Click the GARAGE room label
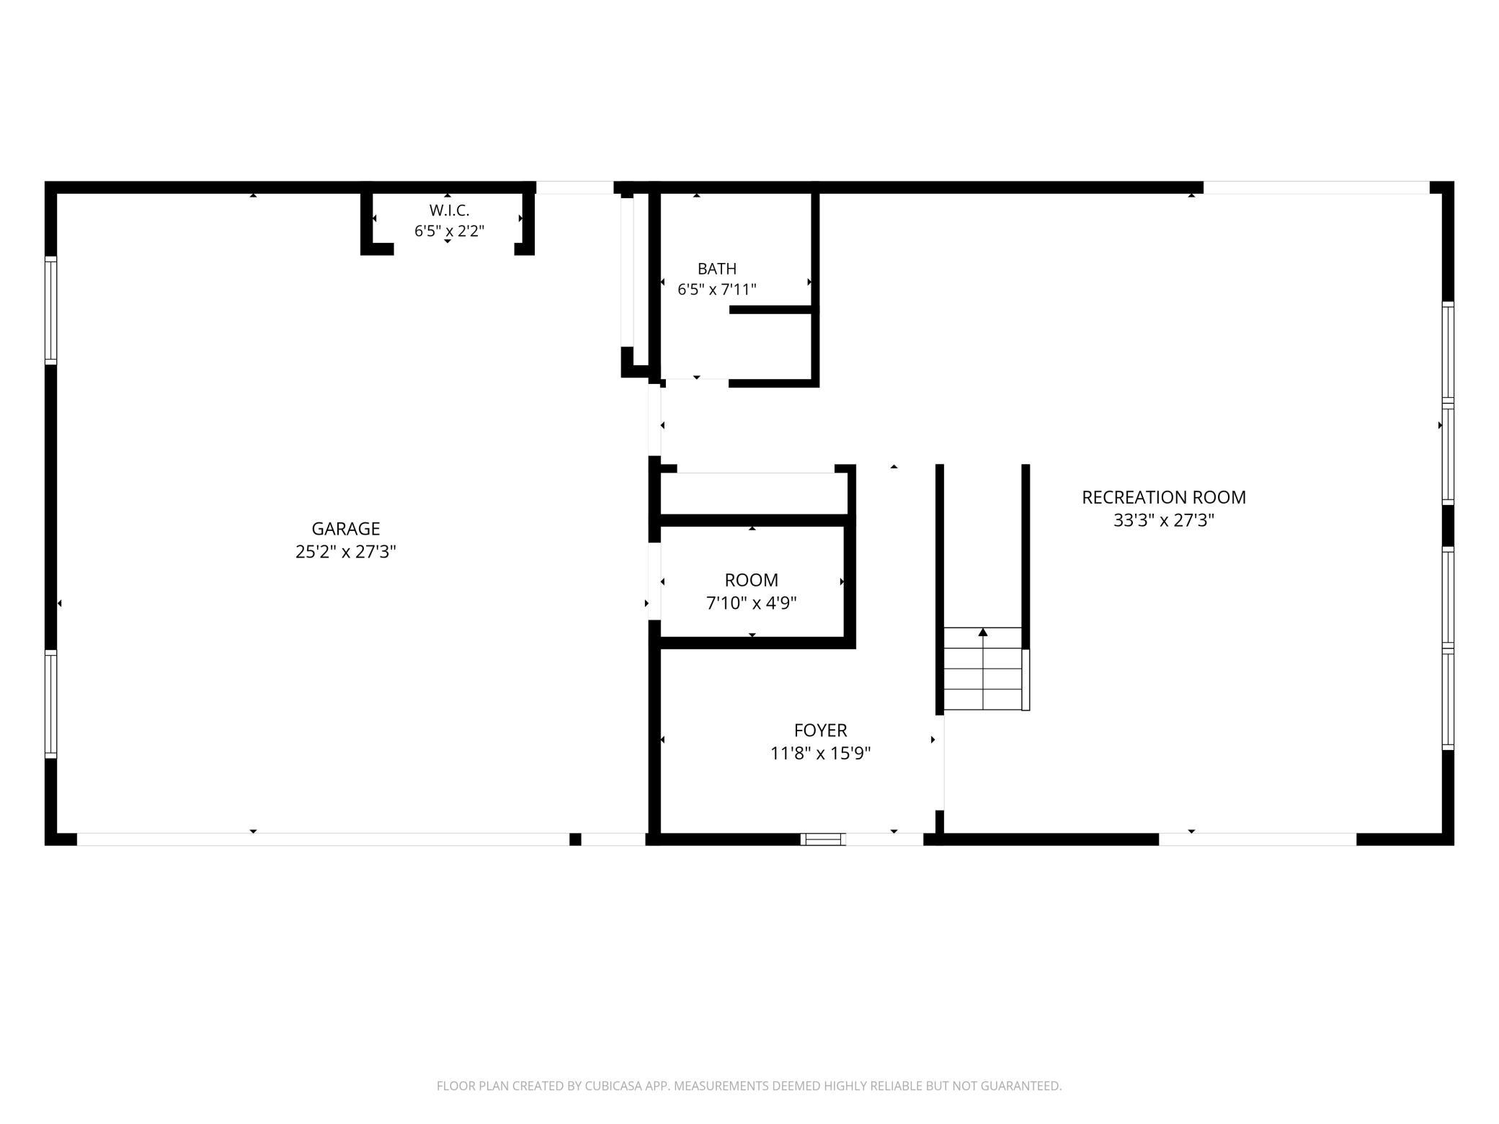click(x=346, y=529)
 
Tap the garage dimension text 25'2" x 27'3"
click(x=346, y=552)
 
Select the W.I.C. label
click(x=450, y=210)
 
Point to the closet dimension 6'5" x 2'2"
click(x=449, y=231)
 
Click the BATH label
click(x=717, y=269)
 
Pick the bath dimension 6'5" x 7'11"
click(x=717, y=290)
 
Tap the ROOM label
click(x=752, y=580)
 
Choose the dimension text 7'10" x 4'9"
click(x=752, y=603)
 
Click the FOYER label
click(x=821, y=731)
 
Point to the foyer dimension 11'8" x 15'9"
click(x=821, y=754)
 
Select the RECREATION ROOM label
click(x=1164, y=497)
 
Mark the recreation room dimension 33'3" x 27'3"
click(x=1164, y=520)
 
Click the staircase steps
click(x=983, y=669)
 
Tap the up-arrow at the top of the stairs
click(x=983, y=633)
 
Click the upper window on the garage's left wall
click(x=50, y=311)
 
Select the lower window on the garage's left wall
click(x=50, y=704)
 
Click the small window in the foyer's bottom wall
click(x=822, y=839)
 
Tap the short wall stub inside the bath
click(x=770, y=310)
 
